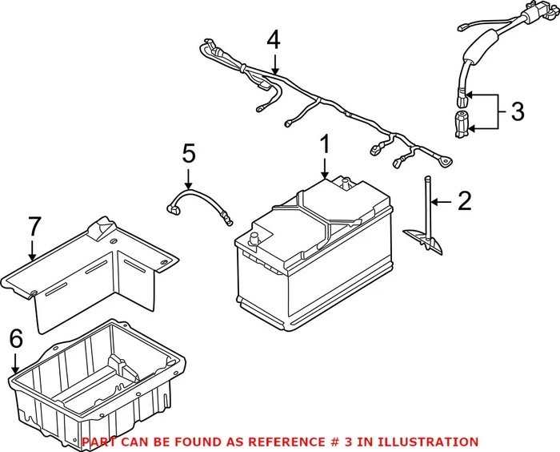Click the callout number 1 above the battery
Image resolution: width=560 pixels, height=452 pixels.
click(325, 145)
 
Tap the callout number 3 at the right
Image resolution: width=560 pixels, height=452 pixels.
click(518, 111)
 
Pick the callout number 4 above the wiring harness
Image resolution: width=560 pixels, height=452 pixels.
click(274, 40)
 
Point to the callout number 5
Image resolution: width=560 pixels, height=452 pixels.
click(188, 153)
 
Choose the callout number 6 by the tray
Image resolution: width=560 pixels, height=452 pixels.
click(15, 341)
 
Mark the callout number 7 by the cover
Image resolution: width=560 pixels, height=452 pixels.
click(32, 228)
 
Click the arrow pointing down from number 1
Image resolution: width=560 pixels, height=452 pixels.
click(325, 168)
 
